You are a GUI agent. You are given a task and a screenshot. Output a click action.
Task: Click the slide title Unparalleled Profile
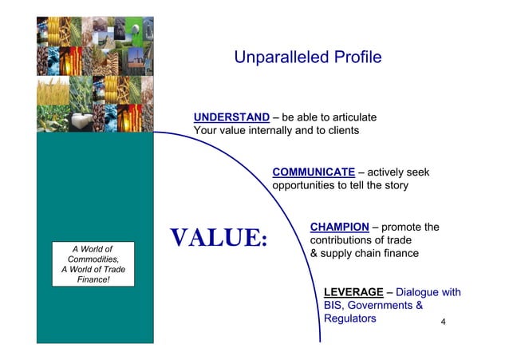coord(307,57)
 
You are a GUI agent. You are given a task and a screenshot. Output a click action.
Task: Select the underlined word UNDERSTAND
coord(231,118)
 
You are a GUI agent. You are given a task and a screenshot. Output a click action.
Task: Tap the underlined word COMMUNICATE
coord(314,172)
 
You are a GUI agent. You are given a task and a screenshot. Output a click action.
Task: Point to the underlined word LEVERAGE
coord(353,292)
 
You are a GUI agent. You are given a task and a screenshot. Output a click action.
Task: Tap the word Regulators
coord(349,318)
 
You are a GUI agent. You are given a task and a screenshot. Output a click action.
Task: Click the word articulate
coord(347,118)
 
